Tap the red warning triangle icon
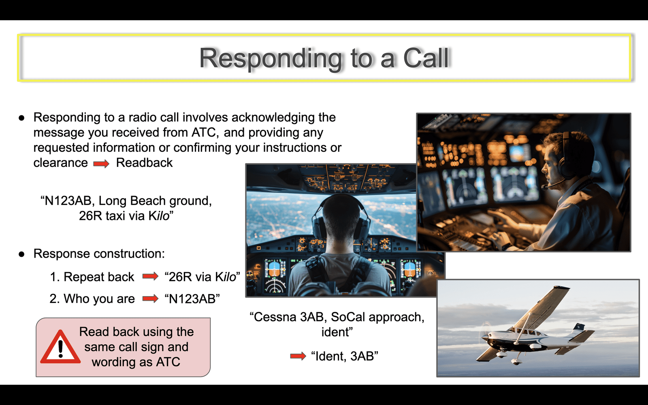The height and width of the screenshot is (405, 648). click(x=60, y=347)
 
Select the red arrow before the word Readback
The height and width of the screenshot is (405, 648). click(x=101, y=164)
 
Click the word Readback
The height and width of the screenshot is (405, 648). click(x=144, y=162)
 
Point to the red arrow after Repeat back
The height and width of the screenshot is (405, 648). click(x=150, y=276)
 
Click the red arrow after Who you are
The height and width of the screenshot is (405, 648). click(x=150, y=298)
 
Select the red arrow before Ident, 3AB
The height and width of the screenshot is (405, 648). click(x=298, y=356)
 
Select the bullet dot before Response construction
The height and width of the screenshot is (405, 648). click(x=21, y=254)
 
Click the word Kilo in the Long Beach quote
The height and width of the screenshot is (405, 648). click(x=159, y=216)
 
